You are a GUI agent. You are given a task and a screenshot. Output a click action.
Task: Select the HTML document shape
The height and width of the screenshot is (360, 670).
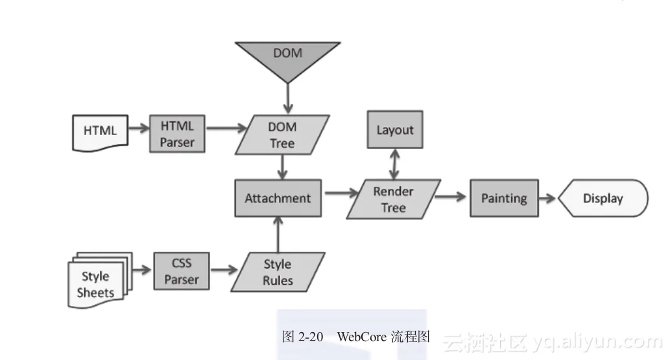(100, 131)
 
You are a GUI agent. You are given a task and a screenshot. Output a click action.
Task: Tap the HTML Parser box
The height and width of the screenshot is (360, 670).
(177, 134)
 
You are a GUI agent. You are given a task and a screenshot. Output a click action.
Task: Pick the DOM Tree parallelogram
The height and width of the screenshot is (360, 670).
(281, 135)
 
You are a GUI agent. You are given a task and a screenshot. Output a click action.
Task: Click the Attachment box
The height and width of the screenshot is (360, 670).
(278, 198)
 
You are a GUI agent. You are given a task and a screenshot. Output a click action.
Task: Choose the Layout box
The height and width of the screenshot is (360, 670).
(394, 130)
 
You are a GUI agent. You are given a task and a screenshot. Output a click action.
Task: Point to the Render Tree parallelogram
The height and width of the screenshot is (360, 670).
(393, 199)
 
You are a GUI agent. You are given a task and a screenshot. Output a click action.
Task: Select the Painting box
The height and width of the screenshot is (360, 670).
(504, 198)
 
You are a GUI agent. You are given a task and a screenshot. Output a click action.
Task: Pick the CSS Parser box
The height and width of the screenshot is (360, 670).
(181, 271)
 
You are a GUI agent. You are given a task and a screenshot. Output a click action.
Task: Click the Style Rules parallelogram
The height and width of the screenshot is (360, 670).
(278, 272)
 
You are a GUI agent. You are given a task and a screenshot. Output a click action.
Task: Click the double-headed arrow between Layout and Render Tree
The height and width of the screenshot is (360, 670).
(393, 165)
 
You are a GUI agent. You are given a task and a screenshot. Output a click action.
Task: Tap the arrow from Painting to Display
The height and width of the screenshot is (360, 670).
(548, 198)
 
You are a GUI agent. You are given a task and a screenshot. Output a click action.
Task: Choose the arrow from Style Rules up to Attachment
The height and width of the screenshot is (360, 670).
(278, 234)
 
